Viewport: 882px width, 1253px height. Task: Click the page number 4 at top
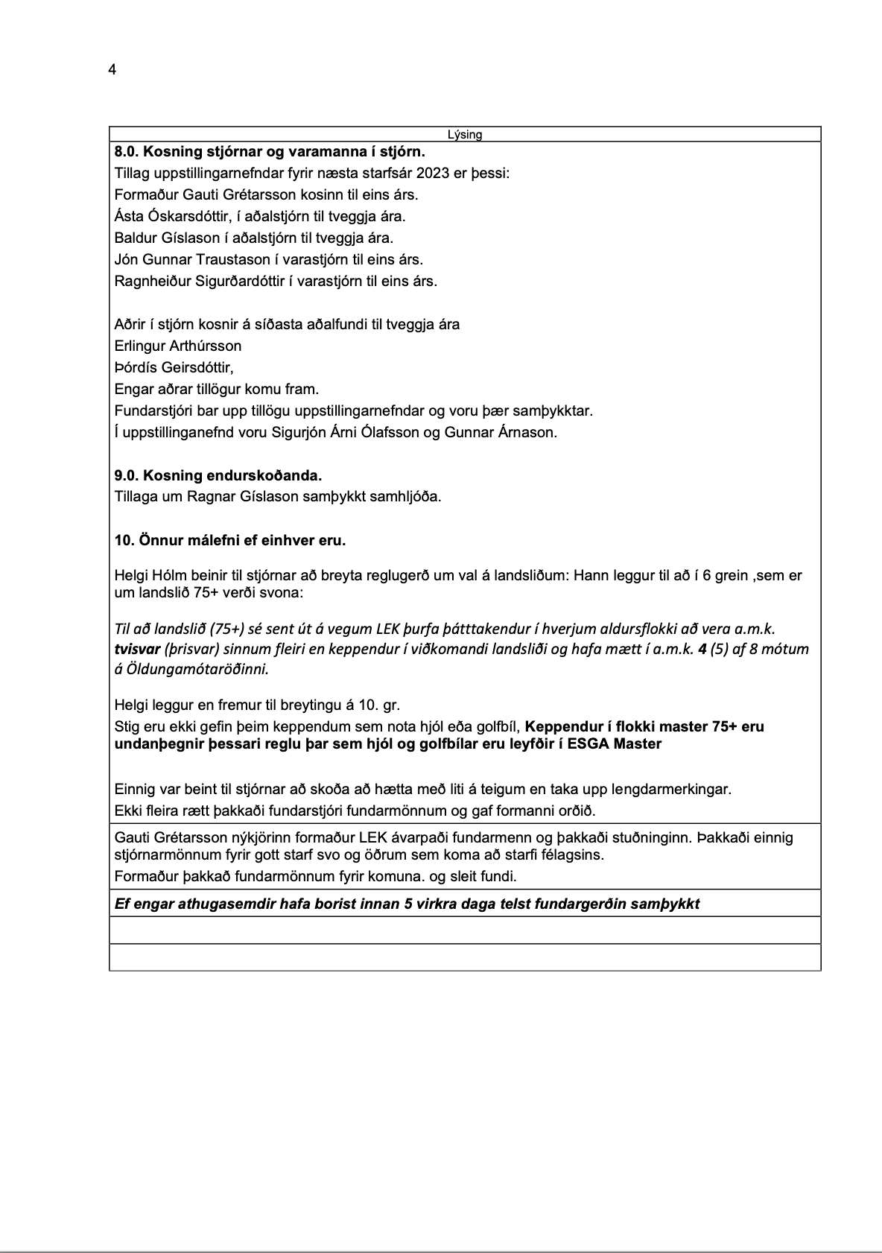112,70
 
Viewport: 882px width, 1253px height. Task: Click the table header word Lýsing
465,135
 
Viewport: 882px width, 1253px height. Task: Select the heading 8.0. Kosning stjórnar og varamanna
270,152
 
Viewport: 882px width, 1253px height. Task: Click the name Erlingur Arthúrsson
178,346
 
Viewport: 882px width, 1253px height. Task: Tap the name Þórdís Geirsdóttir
174,368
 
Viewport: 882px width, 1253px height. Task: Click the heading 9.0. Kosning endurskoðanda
218,476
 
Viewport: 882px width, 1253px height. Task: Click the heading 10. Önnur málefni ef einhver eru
230,541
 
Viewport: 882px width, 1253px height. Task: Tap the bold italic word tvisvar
137,649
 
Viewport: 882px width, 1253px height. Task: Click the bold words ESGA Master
623,744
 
